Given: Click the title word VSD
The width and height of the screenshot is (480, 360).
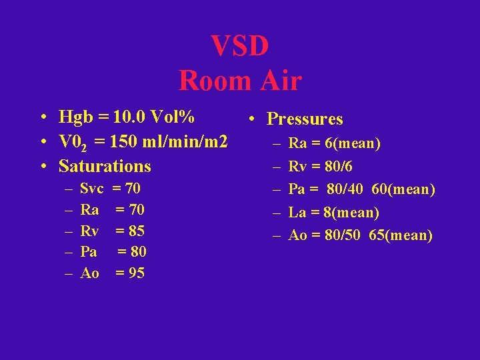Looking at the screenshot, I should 240,46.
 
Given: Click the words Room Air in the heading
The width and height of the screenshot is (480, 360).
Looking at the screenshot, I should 240,81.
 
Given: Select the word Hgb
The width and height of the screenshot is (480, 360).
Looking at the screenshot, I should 75,117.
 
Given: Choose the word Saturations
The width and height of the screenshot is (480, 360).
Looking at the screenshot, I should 105,166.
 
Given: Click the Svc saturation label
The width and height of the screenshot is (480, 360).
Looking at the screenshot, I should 91,189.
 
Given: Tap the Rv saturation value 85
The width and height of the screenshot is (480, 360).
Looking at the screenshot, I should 136,231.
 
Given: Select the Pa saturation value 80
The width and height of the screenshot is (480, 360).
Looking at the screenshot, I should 139,252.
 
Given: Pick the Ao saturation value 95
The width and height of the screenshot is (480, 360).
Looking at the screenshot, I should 136,273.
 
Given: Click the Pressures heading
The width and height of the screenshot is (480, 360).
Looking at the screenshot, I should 305,119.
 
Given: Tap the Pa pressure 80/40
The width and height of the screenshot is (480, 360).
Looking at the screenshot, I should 345,190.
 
